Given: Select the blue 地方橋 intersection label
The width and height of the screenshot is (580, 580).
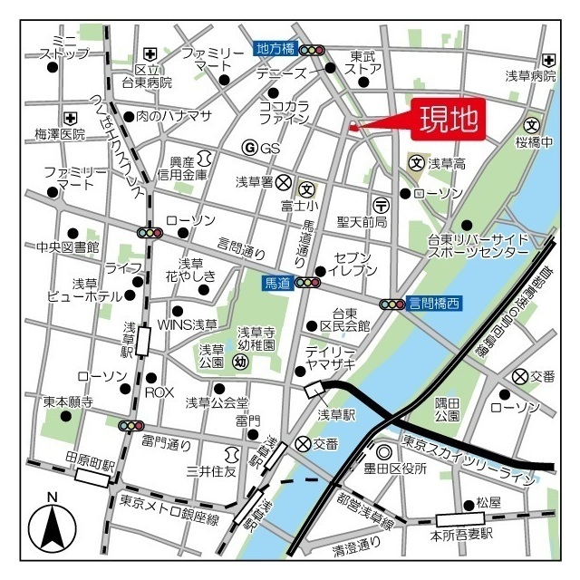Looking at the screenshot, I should [x=275, y=49].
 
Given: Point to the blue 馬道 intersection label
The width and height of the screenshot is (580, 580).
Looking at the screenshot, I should [x=277, y=283].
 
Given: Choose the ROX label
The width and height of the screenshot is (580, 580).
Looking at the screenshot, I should [x=159, y=392].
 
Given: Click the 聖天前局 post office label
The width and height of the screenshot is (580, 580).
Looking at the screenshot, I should [x=362, y=222].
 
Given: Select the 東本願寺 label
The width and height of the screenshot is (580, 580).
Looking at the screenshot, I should [x=68, y=401].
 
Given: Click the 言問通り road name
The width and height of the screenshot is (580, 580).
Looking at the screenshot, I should [x=242, y=246].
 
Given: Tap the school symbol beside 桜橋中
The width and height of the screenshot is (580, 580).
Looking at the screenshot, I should [x=532, y=125].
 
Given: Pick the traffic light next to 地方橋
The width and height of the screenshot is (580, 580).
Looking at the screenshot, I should [x=313, y=50].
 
